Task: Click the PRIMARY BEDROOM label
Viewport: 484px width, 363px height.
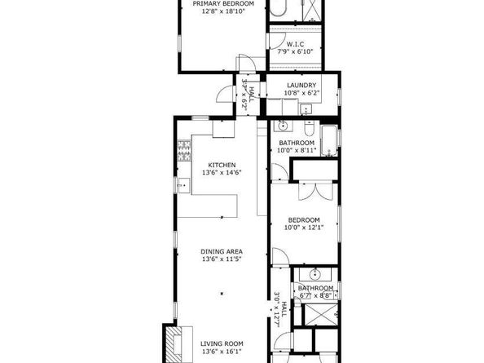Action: [x=222, y=4]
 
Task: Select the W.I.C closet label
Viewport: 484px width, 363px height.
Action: [x=295, y=44]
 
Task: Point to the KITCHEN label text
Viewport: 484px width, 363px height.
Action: [x=222, y=164]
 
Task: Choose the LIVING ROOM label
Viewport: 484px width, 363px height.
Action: [x=222, y=343]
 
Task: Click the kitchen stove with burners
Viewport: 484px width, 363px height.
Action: [x=184, y=150]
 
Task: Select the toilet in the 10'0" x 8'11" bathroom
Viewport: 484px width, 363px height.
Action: [x=309, y=130]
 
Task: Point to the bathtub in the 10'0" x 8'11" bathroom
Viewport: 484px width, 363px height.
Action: [x=328, y=139]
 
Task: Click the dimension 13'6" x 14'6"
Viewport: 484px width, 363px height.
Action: [x=222, y=173]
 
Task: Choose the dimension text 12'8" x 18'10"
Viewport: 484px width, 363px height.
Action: [x=222, y=12]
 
